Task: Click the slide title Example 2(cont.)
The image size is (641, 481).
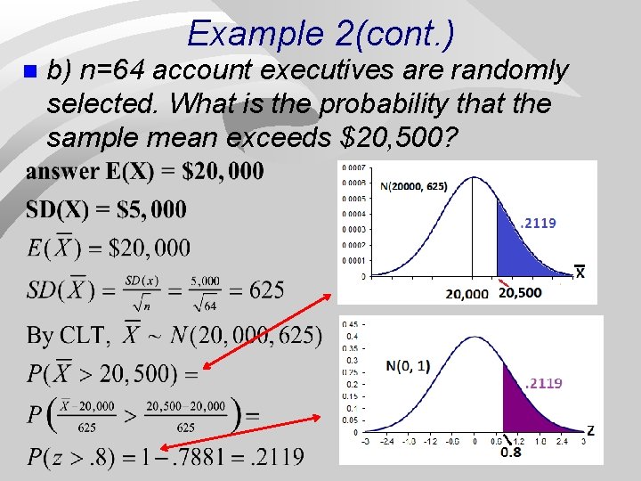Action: point(320,34)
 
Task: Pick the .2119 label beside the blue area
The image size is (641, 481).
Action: point(538,224)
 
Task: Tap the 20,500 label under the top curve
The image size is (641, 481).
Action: point(521,292)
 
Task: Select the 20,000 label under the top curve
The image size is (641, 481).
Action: point(467,294)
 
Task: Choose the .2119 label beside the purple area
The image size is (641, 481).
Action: point(543,383)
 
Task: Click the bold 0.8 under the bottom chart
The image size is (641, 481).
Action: point(511,452)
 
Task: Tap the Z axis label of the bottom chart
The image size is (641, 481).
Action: point(590,430)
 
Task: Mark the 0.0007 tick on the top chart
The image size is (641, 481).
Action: point(354,167)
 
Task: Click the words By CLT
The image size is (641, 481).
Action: point(67,336)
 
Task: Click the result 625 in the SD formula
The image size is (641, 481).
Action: point(267,290)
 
